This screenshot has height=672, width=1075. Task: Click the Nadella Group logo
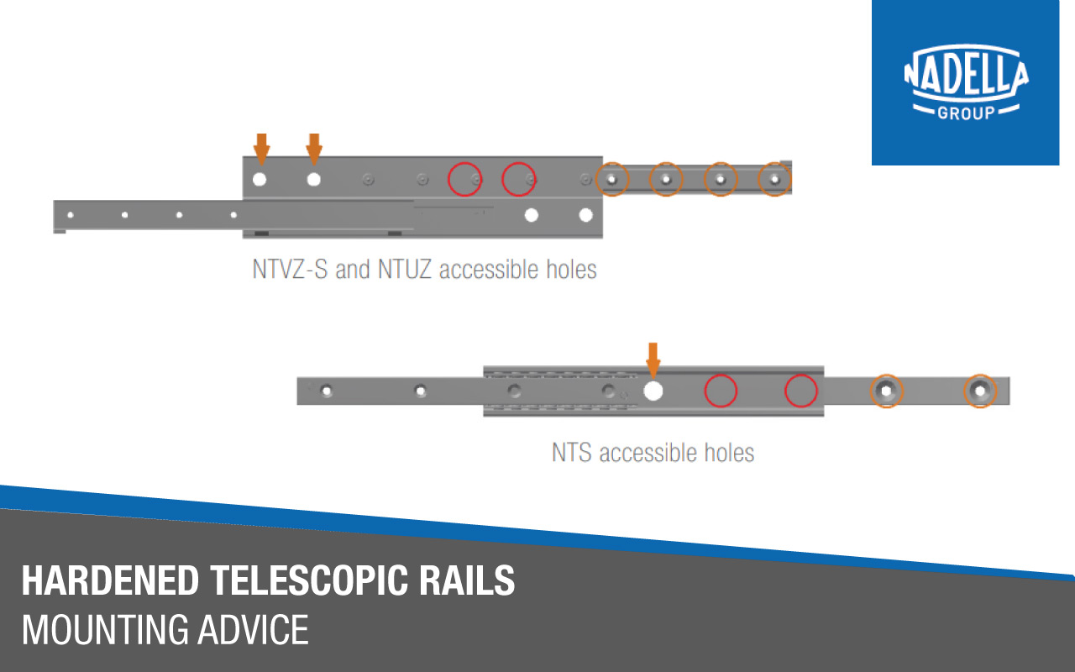point(966,82)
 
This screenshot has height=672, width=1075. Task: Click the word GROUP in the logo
point(966,113)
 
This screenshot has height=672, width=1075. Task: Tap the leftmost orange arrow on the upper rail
point(261,149)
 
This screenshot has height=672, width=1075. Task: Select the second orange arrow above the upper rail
point(314,149)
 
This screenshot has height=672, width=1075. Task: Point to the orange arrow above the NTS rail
point(653,360)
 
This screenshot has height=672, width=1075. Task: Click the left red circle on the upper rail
point(448,180)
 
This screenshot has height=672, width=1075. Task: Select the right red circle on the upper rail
point(502,180)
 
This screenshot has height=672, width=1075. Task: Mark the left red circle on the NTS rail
point(705,391)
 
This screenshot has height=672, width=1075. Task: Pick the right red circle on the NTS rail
point(785,391)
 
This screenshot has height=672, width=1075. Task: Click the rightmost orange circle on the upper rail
point(758,180)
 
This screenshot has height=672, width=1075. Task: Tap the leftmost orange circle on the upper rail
point(596,180)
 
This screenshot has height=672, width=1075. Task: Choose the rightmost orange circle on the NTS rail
point(965,391)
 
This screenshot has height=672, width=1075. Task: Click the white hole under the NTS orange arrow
point(653,391)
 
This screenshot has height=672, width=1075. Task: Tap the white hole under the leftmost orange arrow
point(260,180)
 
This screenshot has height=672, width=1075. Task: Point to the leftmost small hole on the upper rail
point(71,214)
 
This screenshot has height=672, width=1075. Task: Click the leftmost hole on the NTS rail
point(327,391)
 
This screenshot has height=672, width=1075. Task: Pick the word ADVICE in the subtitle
point(253,630)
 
